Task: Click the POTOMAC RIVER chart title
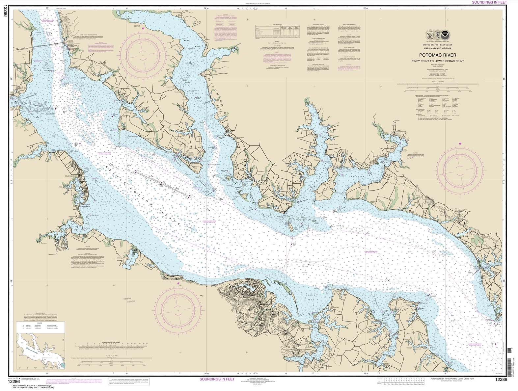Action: point(437,55)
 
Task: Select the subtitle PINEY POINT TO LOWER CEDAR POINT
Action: point(437,61)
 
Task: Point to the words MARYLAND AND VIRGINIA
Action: point(437,49)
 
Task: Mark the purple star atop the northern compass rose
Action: point(143,29)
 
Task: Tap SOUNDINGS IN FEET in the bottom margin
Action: point(217,379)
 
